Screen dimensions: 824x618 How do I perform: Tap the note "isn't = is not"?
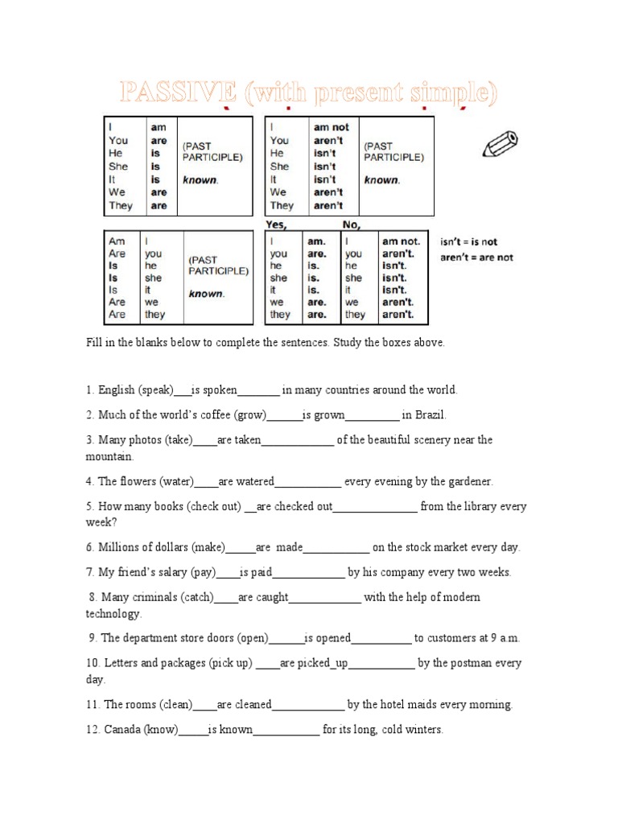point(469,241)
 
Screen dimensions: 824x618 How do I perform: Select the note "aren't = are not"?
point(476,257)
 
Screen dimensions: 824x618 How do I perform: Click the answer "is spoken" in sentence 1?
point(214,390)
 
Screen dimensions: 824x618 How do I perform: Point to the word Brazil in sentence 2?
point(430,415)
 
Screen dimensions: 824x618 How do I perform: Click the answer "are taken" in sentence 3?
point(239,440)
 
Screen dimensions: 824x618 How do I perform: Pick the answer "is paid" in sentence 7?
point(256,573)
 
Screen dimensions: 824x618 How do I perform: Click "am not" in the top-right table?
point(332,127)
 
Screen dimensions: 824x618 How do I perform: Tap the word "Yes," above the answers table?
point(277,225)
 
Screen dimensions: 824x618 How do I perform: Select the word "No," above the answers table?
point(352,225)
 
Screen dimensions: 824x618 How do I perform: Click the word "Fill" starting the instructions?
point(94,343)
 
